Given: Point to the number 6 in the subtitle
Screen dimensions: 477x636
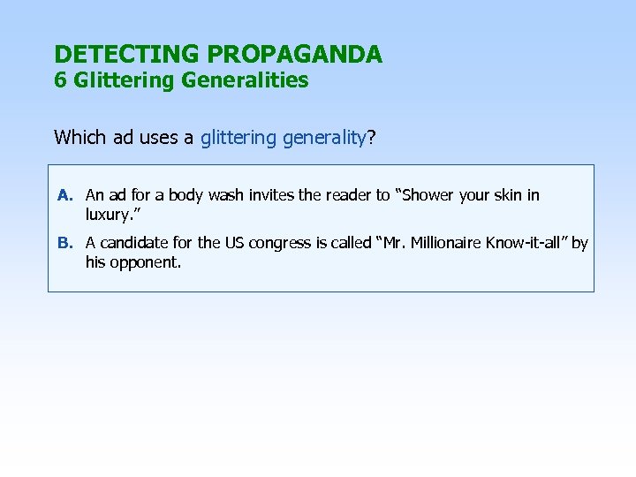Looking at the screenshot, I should click(60, 80).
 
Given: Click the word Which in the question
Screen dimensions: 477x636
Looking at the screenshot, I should click(77, 137).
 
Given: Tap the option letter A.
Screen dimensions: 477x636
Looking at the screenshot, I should click(64, 195).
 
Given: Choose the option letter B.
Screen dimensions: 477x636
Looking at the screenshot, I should click(64, 243).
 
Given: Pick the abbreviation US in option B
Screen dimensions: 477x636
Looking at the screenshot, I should click(236, 243).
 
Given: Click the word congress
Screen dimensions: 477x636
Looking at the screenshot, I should click(281, 243).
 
